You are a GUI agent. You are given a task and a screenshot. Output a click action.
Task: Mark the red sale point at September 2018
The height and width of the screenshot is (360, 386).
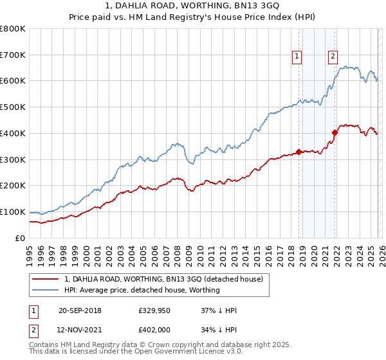pos(299,152)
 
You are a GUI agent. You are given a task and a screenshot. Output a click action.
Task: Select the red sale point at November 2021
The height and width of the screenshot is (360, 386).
pos(335,133)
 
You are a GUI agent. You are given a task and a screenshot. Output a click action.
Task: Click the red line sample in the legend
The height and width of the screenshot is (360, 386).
pos(46,280)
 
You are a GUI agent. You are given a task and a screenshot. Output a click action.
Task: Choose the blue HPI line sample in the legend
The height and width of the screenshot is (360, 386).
pos(46,290)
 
